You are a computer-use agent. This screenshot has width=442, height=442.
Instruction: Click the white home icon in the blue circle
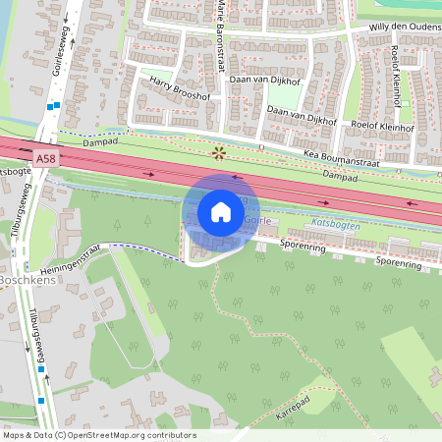[x=221, y=212]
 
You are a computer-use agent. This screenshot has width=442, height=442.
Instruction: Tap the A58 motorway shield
[x=45, y=157]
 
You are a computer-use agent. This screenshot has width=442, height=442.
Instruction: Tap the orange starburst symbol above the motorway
[x=219, y=152]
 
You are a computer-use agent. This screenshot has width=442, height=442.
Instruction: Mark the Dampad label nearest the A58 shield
[x=99, y=141]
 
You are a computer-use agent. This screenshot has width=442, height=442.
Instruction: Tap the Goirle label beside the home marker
[x=257, y=221]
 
